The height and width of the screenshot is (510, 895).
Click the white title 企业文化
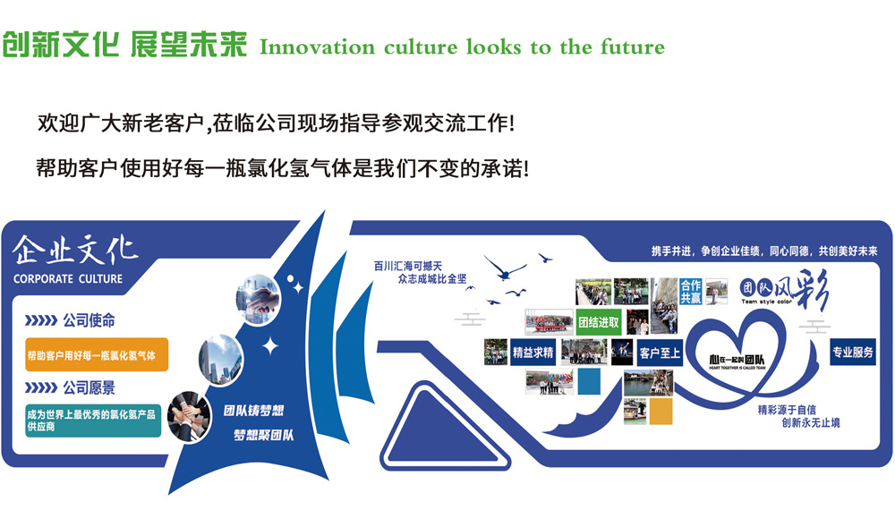75,250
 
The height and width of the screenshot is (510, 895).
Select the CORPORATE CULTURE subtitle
68,278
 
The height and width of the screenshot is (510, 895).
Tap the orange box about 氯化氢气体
97,354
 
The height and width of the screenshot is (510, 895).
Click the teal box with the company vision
93,421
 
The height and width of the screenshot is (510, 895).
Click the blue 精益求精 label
533,353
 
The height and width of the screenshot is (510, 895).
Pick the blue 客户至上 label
660,353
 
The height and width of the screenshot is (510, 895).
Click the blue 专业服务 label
852,352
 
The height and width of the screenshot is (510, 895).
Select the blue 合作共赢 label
690,292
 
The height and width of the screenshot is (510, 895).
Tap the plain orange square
661,411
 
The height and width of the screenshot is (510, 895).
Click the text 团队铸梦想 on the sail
253,412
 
